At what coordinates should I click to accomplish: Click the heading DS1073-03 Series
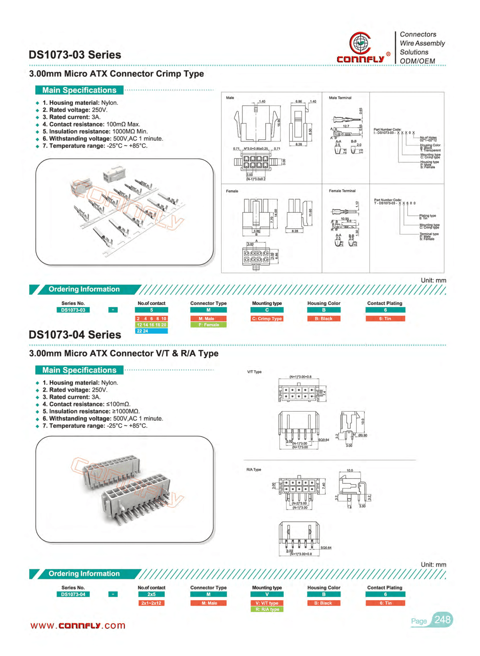(x=75, y=55)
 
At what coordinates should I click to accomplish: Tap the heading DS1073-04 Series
(x=75, y=335)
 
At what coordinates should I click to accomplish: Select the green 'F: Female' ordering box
(x=208, y=325)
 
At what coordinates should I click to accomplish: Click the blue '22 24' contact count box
(x=151, y=331)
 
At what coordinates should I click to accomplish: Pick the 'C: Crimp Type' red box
(x=267, y=319)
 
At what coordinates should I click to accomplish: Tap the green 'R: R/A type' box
(x=267, y=609)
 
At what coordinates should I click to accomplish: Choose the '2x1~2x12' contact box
(x=151, y=603)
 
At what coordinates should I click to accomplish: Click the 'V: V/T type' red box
(x=267, y=603)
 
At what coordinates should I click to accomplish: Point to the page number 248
(x=442, y=620)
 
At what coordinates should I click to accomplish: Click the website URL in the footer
(x=78, y=626)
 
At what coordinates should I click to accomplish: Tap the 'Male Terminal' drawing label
(x=340, y=98)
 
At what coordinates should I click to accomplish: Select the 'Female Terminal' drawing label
(x=342, y=191)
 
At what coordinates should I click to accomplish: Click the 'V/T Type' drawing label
(x=254, y=372)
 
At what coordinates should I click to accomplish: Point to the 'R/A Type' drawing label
(x=254, y=470)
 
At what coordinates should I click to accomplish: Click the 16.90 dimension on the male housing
(x=279, y=122)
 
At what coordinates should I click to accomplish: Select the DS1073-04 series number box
(x=73, y=594)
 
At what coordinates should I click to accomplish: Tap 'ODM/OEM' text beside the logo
(x=417, y=61)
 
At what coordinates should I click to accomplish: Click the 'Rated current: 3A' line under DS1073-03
(x=72, y=117)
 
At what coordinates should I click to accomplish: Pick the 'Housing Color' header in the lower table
(x=324, y=588)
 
